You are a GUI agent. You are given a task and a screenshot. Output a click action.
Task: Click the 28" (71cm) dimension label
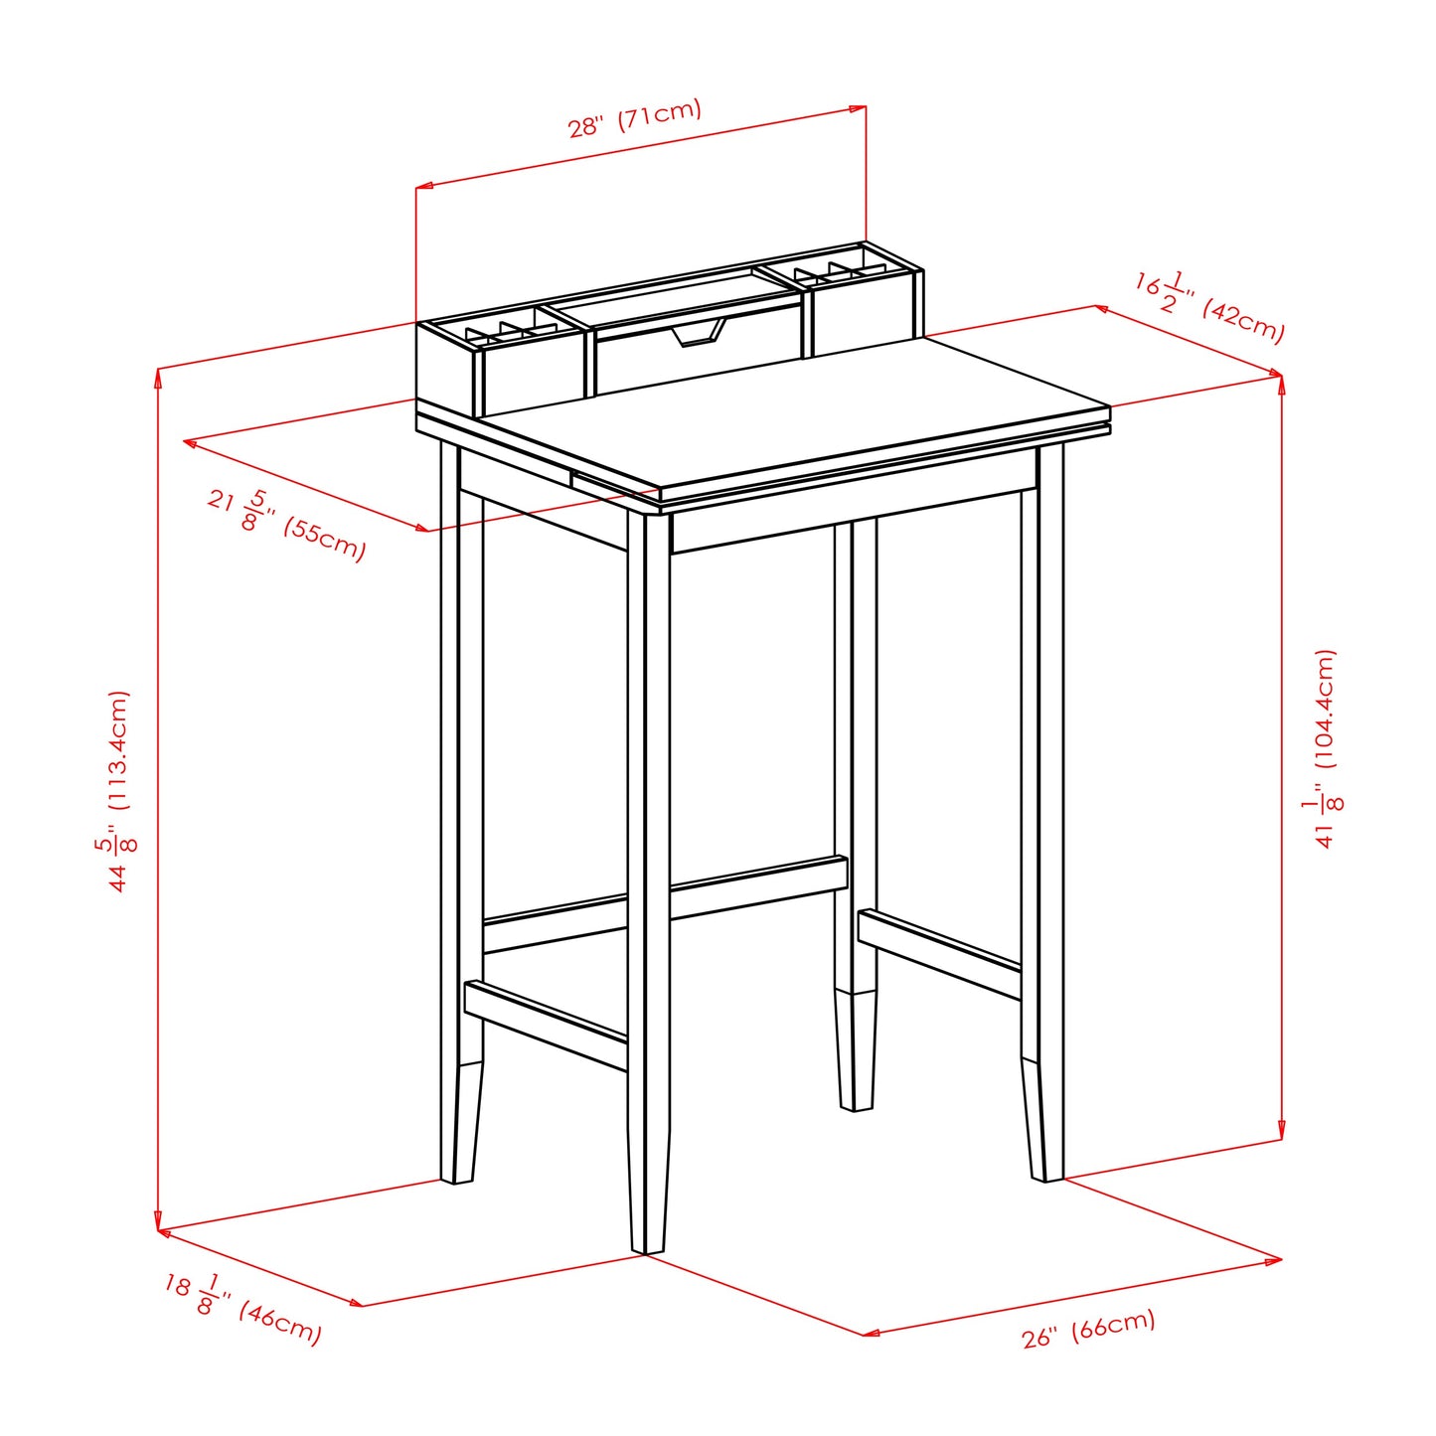pyautogui.click(x=634, y=118)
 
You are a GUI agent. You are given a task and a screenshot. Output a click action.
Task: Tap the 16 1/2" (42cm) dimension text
pyautogui.click(x=1209, y=307)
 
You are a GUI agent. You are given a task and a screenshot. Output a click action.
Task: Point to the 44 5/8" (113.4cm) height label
pyautogui.click(x=119, y=790)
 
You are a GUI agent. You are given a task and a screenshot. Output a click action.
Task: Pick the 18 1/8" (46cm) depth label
pyautogui.click(x=243, y=1309)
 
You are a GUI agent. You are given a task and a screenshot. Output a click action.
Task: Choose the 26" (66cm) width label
pyautogui.click(x=1088, y=1328)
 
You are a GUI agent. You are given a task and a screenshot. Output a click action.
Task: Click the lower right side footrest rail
pyautogui.click(x=939, y=952)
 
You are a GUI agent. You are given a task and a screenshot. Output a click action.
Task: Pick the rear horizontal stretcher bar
pyautogui.click(x=666, y=899)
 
